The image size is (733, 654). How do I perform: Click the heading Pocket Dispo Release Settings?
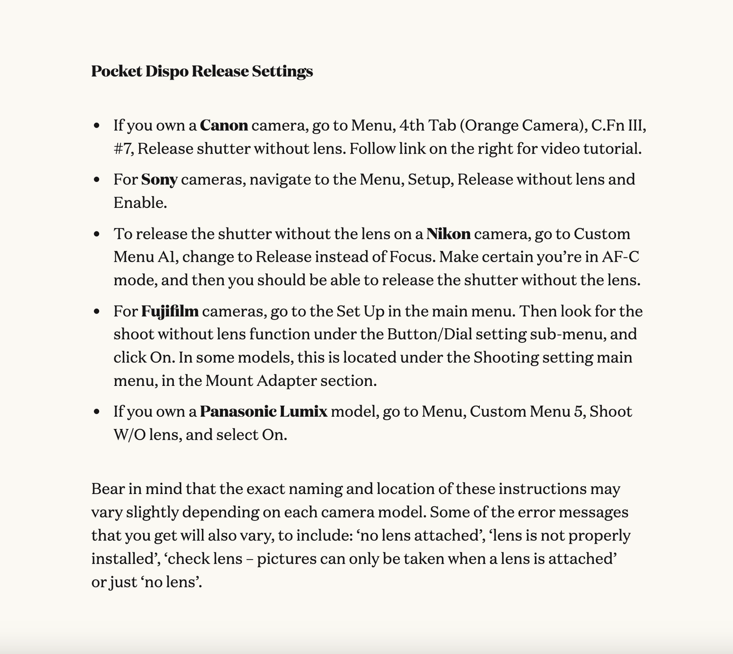point(202,71)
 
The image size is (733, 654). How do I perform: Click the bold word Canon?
point(224,126)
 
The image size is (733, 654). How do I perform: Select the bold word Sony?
point(159,180)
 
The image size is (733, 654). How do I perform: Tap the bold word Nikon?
point(448,234)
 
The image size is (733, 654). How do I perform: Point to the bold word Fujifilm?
point(170,311)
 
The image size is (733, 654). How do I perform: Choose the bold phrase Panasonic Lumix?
point(263,411)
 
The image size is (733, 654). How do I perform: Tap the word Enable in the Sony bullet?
point(140,203)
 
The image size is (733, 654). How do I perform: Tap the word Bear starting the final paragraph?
point(108,489)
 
